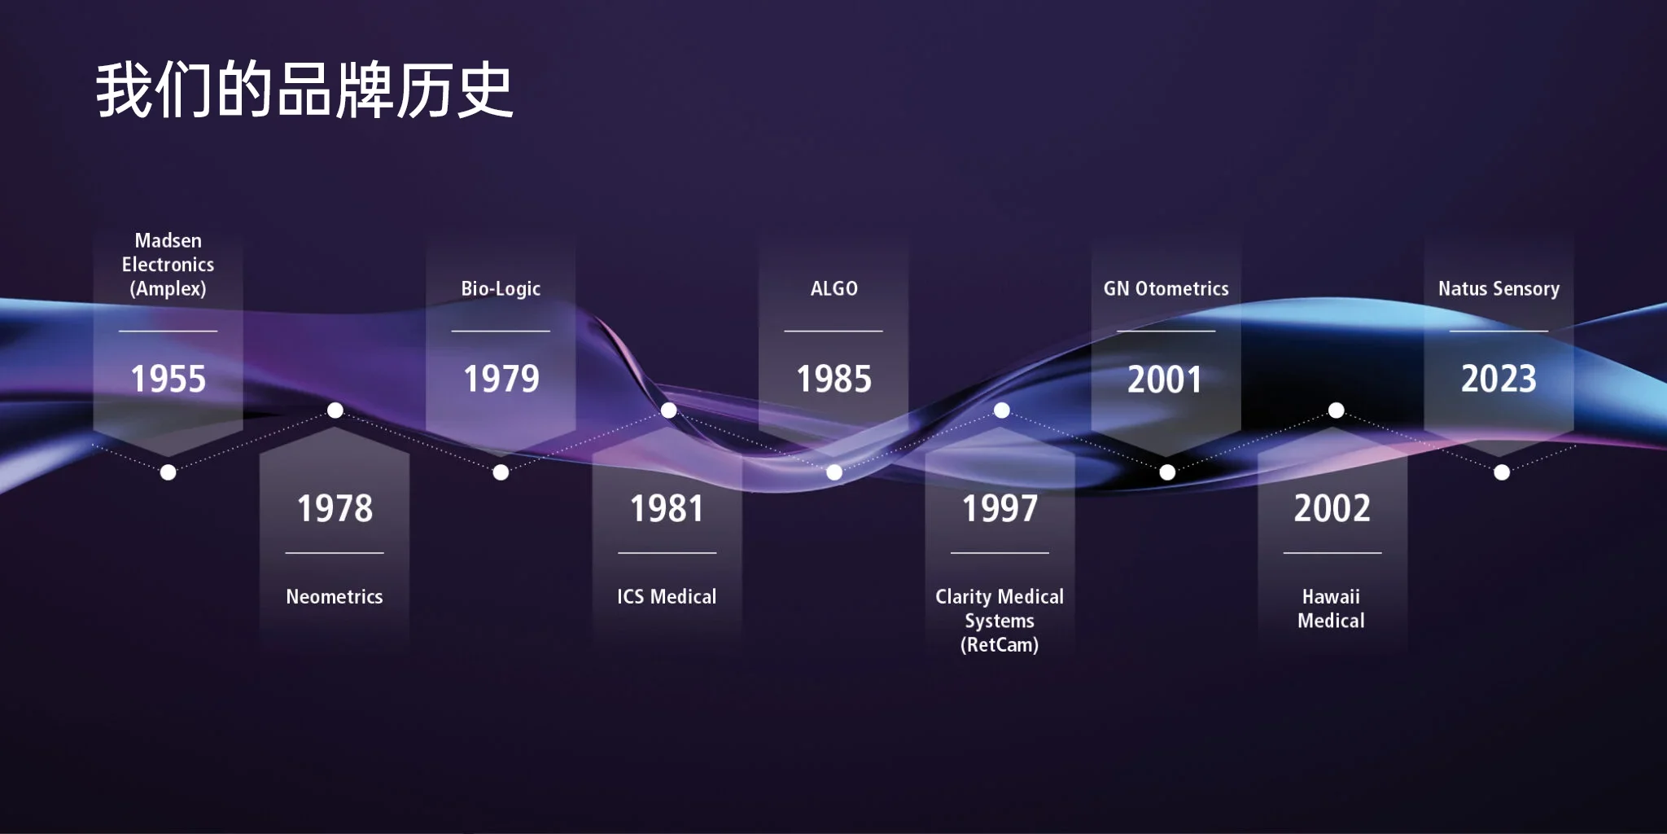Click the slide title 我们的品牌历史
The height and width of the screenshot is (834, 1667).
coord(304,90)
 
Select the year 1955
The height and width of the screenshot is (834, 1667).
coord(168,380)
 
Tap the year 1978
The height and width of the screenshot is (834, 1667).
coord(335,509)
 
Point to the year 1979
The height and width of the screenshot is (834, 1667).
coord(501,380)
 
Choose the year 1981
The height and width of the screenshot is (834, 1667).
coord(667,509)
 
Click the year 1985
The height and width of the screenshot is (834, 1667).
coord(833,380)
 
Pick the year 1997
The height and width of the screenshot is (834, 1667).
coord(1000,509)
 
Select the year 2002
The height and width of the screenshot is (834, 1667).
coord(1332,509)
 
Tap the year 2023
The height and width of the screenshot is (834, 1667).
coord(1499,380)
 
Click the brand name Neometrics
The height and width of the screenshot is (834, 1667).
coord(335,597)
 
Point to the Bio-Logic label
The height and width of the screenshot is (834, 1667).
coord(501,289)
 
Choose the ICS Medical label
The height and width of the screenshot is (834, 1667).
coord(667,597)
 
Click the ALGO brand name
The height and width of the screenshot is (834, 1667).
coord(833,289)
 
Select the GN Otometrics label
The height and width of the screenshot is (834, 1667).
coord(1166,289)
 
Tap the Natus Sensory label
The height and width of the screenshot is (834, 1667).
coord(1499,289)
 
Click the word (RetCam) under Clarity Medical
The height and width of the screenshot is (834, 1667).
coord(1000,645)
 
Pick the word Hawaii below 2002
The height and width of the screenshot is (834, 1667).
coord(1331,597)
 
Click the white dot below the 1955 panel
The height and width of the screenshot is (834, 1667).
coord(168,472)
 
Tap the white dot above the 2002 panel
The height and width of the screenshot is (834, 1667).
coord(1336,410)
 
